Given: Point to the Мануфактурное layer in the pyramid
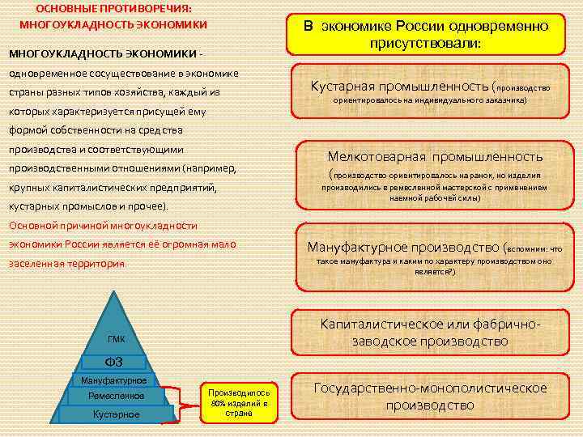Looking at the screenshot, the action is pyautogui.click(x=114, y=380).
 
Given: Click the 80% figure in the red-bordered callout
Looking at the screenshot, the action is pyautogui.click(x=218, y=403).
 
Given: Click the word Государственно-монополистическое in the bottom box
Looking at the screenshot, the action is pyautogui.click(x=430, y=388).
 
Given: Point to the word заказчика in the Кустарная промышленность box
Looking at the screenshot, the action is pyautogui.click(x=502, y=100).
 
